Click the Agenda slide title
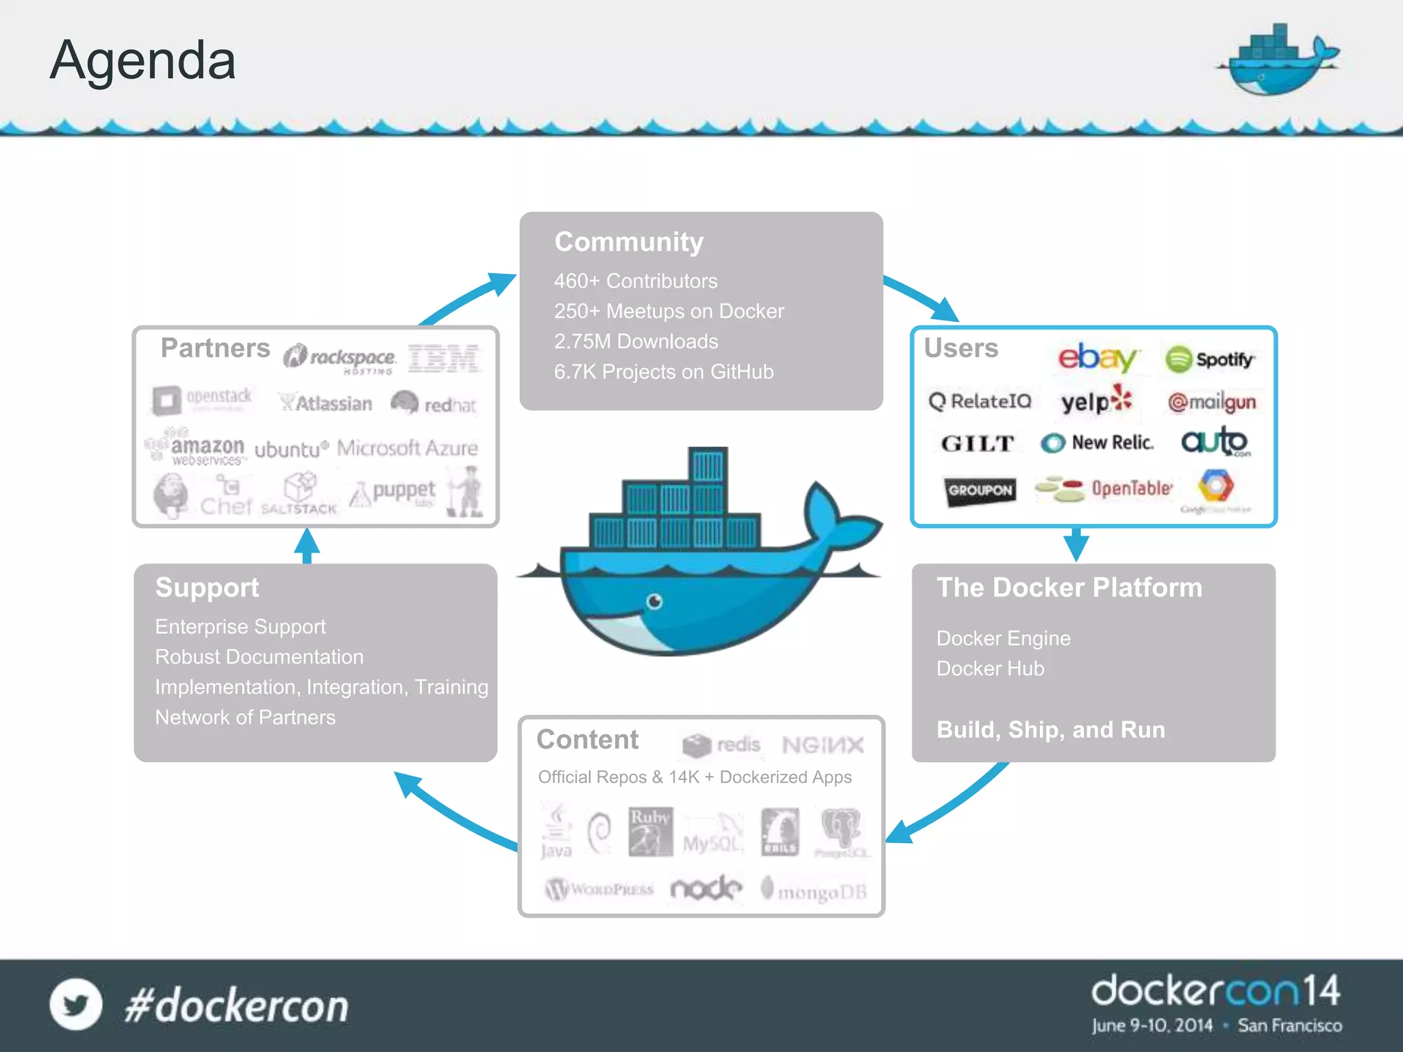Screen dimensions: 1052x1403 point(142,60)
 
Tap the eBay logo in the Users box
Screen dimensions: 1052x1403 point(1096,358)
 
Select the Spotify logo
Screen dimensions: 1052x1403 point(1210,360)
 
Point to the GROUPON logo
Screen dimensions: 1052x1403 point(980,490)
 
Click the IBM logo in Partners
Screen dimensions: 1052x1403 point(444,358)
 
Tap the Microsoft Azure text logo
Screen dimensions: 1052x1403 point(407,449)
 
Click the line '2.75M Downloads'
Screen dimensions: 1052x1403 point(636,341)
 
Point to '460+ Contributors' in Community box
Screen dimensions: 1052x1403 point(636,281)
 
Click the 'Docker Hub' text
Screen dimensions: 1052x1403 point(990,668)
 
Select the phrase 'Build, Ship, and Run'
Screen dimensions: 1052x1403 point(1050,729)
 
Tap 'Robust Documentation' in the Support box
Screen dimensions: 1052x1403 point(259,657)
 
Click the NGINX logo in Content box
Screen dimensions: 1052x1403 point(822,745)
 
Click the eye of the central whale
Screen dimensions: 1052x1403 point(655,602)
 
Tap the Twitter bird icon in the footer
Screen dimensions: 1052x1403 point(75,1005)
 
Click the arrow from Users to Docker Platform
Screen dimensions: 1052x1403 point(1076,544)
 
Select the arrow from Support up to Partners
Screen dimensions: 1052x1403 point(307,546)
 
